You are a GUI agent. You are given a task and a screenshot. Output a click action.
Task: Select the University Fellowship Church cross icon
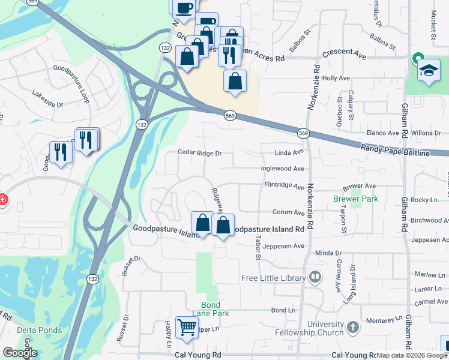tap(352, 328)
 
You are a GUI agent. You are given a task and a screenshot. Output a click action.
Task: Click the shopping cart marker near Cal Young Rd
tap(187, 328)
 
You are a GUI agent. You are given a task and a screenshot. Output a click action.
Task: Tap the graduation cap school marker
tap(429, 71)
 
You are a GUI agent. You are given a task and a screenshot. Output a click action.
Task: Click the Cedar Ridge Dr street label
tap(200, 153)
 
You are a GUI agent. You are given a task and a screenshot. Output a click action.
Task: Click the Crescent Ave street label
tap(344, 54)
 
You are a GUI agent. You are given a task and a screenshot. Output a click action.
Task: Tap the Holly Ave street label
tap(336, 78)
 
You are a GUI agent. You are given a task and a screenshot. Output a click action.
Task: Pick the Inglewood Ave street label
tap(282, 169)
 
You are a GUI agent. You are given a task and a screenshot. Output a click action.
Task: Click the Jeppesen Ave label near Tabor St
tap(283, 246)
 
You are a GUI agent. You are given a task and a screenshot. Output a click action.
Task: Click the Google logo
tap(20, 353)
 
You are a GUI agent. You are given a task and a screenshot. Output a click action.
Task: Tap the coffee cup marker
tap(185, 7)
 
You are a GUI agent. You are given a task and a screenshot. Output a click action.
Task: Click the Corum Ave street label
tap(288, 212)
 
